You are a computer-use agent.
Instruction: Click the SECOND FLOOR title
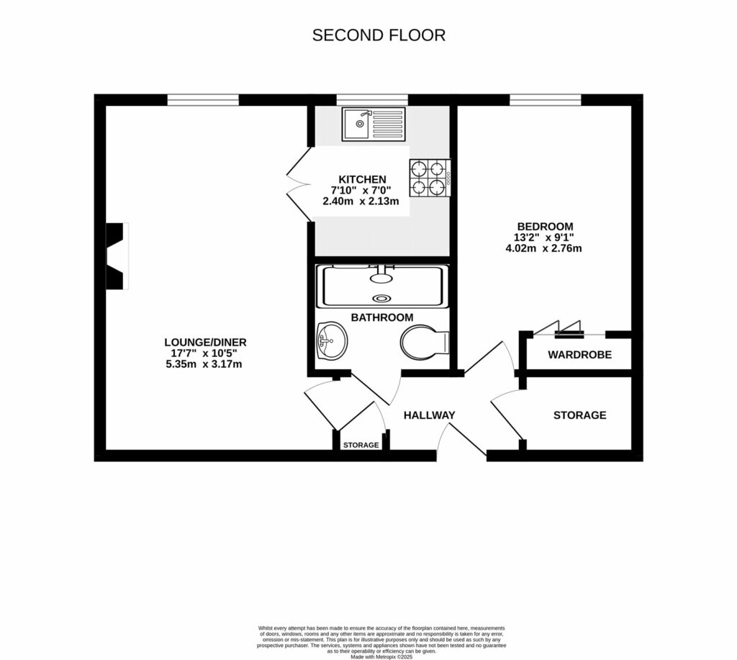pyautogui.click(x=379, y=35)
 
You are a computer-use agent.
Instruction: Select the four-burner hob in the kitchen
pyautogui.click(x=430, y=178)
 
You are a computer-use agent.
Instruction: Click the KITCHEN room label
pyautogui.click(x=362, y=179)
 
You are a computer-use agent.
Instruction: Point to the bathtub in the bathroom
pyautogui.click(x=382, y=286)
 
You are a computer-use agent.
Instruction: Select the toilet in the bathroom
pyautogui.click(x=425, y=343)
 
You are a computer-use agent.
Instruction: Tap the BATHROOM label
pyautogui.click(x=382, y=317)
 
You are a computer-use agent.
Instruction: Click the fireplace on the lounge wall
pyautogui.click(x=117, y=256)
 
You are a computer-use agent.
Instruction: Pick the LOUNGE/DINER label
pyautogui.click(x=205, y=342)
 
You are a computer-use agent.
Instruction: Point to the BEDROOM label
pyautogui.click(x=543, y=226)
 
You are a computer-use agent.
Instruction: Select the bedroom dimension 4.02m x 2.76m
pyautogui.click(x=543, y=249)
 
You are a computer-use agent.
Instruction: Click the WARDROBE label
pyautogui.click(x=579, y=355)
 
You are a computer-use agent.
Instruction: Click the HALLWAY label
pyautogui.click(x=429, y=415)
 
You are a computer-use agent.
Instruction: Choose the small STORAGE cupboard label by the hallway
pyautogui.click(x=361, y=446)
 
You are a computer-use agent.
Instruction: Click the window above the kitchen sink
pyautogui.click(x=371, y=100)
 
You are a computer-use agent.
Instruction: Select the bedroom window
pyautogui.click(x=546, y=100)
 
